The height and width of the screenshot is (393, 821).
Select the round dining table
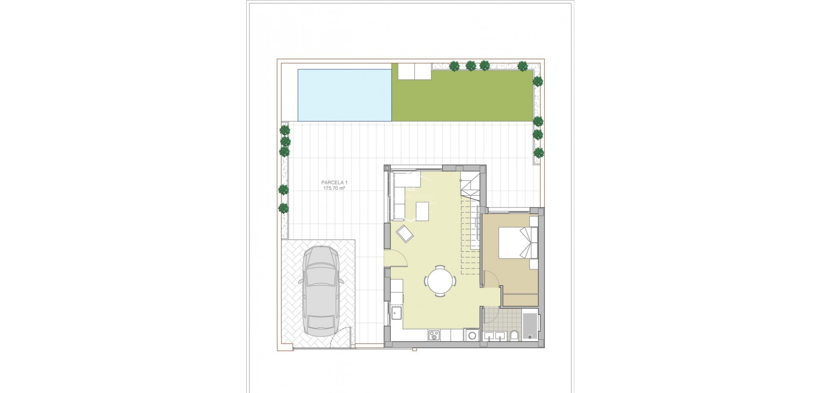point(440,281)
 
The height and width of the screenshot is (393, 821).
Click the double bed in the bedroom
point(517,242)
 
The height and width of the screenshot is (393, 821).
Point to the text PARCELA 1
point(334,182)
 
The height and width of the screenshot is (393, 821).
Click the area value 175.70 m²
point(334,188)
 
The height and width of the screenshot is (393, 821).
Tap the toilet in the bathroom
point(514,335)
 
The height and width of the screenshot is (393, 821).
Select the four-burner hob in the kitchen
point(434,335)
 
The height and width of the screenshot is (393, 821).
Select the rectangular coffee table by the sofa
point(422,211)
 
